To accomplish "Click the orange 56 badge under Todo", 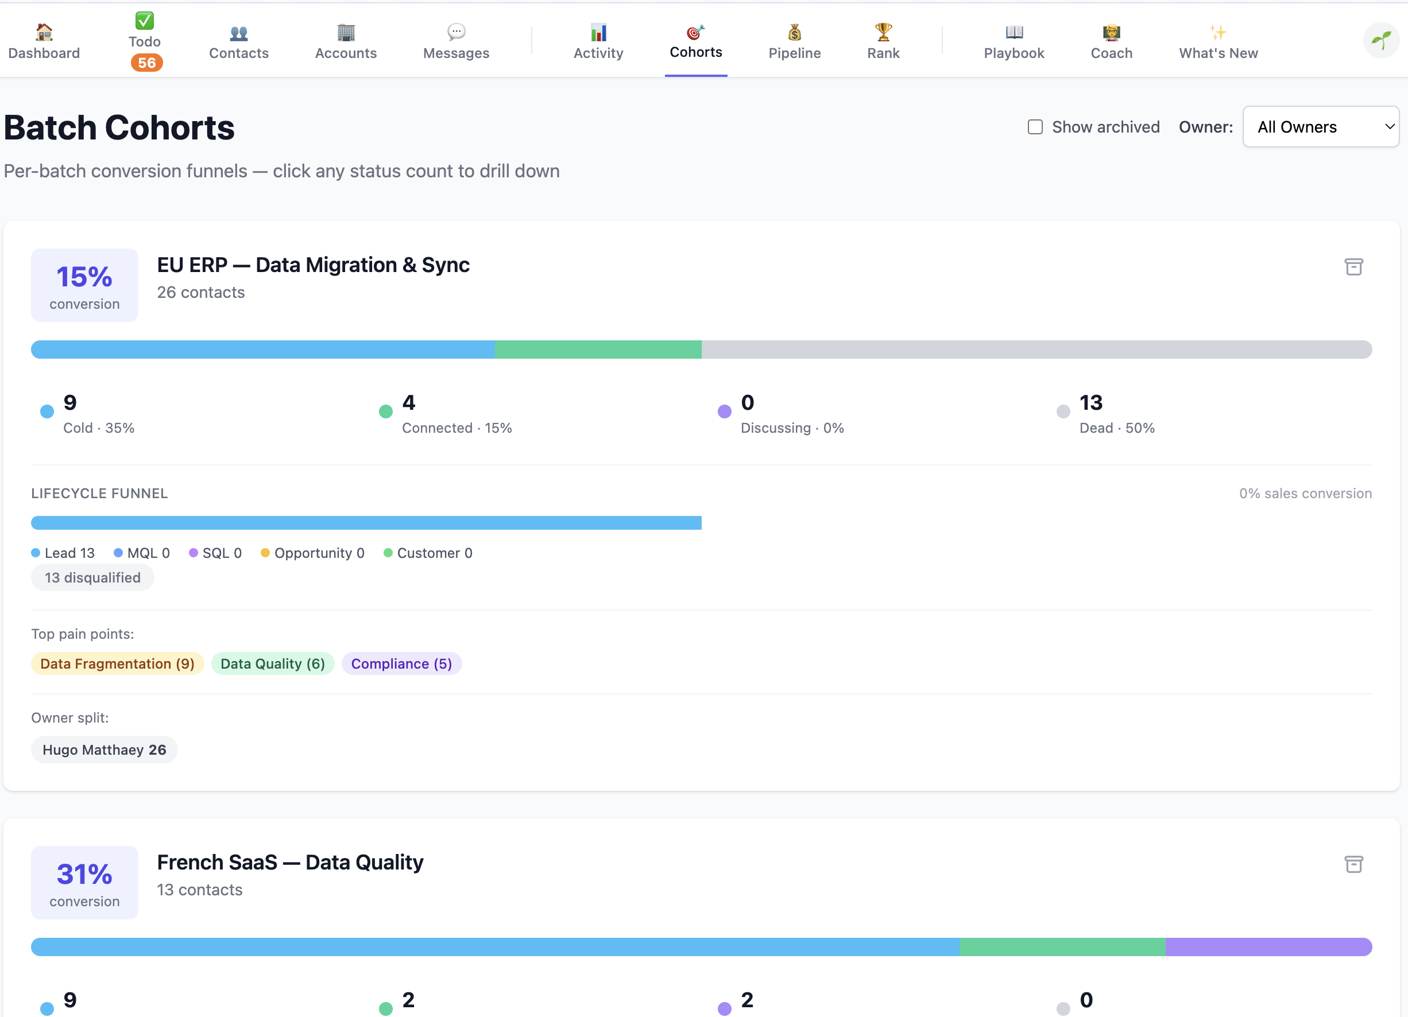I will point(146,63).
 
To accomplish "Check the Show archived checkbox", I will point(1034,127).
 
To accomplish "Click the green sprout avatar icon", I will point(1380,40).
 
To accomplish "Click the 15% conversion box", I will point(84,285).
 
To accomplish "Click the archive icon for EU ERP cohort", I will point(1353,267).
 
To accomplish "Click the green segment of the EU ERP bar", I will point(598,350).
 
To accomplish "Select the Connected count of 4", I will point(408,403).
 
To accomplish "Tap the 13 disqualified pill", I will point(92,578).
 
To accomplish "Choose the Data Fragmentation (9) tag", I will point(117,664).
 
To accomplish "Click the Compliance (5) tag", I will point(401,664).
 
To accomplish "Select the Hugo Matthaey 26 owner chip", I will point(105,750).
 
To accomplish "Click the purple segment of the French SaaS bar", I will point(1267,947).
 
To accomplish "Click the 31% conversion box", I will point(84,882).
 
